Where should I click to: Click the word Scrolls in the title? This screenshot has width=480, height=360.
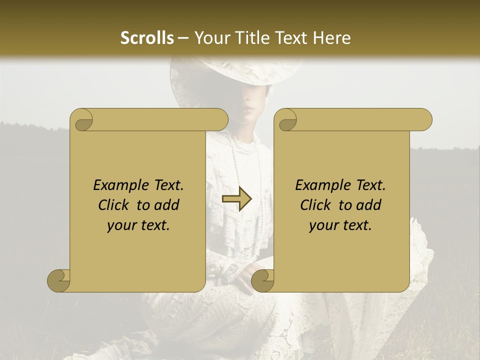[x=147, y=37]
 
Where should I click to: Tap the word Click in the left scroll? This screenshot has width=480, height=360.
[x=114, y=205]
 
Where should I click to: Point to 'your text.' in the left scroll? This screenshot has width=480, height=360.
[x=138, y=225]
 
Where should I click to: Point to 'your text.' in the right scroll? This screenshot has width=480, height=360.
[x=340, y=225]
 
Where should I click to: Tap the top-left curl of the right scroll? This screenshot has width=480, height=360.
[x=286, y=120]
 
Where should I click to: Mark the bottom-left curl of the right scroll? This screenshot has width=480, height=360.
[x=262, y=280]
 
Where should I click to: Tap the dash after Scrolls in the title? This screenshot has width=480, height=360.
[x=183, y=37]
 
